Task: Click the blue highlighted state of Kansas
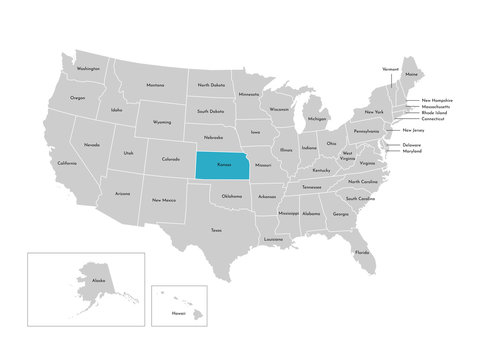222,164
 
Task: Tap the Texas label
216,230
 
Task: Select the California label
67,163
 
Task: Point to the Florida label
361,252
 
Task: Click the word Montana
155,85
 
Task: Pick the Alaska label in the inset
98,281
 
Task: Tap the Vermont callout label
391,69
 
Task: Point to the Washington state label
88,69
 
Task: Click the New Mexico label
164,200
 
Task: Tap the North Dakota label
210,86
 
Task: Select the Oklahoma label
232,196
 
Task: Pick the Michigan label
317,118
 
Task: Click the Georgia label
341,214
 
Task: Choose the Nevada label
92,145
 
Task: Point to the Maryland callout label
413,152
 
